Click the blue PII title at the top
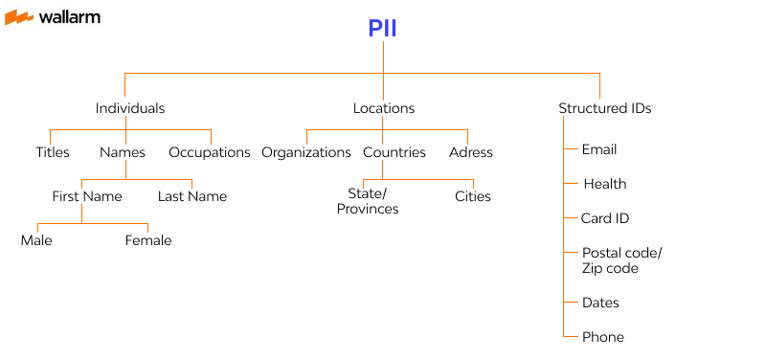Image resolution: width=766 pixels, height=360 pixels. (x=382, y=30)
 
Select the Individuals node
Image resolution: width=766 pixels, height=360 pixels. (x=130, y=108)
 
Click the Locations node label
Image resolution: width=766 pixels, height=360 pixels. (x=383, y=108)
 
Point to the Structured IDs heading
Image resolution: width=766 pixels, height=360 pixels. (x=604, y=108)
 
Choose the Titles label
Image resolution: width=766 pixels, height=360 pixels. (x=53, y=152)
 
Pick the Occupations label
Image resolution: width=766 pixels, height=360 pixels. (x=210, y=152)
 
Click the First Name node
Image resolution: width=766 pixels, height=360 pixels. (x=87, y=196)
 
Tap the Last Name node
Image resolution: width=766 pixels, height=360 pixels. (x=192, y=196)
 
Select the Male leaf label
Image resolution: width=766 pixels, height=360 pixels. (x=36, y=240)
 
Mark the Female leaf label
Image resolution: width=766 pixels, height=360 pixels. (x=148, y=240)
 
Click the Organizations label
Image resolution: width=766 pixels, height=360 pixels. (x=306, y=152)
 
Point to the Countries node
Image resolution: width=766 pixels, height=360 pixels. (x=394, y=152)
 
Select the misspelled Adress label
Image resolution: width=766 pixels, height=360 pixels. (x=471, y=152)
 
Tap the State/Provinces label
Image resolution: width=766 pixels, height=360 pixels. (x=368, y=202)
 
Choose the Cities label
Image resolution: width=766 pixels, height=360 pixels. (x=473, y=196)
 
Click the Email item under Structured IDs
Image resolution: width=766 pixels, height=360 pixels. (x=599, y=149)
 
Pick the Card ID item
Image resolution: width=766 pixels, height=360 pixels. (x=605, y=218)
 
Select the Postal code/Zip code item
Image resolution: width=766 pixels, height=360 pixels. (x=621, y=260)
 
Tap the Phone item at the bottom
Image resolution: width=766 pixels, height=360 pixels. (x=603, y=337)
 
